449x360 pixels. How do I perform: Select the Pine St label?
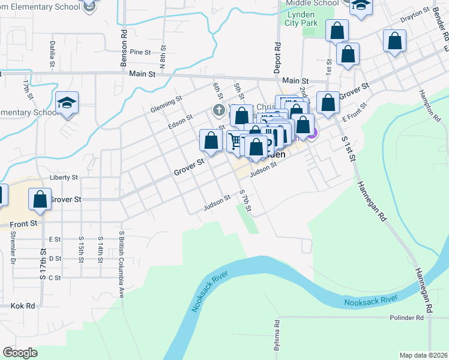click(140, 52)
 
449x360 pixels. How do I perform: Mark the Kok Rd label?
click(23, 305)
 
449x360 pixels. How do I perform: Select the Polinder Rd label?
click(406, 317)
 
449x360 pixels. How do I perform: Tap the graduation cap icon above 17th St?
click(67, 102)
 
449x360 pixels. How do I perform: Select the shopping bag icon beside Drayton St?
click(394, 41)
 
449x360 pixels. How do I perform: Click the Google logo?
click(20, 353)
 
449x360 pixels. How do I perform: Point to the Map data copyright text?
click(423, 355)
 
